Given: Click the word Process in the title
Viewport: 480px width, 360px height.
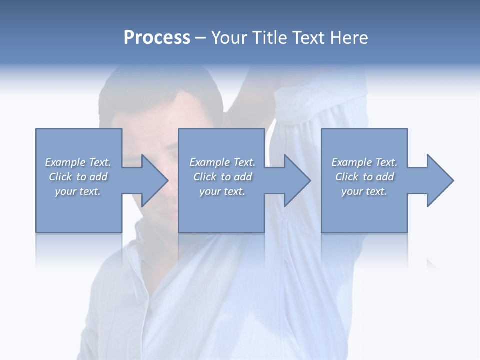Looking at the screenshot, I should tap(157, 38).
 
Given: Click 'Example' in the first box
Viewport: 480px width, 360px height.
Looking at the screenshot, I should tap(65, 162).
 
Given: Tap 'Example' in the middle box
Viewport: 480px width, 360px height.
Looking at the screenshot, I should tap(209, 162).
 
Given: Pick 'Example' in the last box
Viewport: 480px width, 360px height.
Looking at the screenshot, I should tap(351, 162).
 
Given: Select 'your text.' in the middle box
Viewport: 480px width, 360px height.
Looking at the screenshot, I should tap(222, 191).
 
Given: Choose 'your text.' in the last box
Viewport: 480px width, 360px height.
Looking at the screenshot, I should tap(364, 191).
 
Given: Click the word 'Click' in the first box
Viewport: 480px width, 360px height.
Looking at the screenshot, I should tap(60, 177).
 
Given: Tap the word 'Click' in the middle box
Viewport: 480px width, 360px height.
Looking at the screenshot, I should tap(205, 177).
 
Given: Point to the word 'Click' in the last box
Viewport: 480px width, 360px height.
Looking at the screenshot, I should tap(347, 177).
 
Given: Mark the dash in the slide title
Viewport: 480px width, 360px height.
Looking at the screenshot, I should tap(201, 38).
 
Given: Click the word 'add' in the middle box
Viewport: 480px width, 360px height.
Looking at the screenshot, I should tap(243, 177).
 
